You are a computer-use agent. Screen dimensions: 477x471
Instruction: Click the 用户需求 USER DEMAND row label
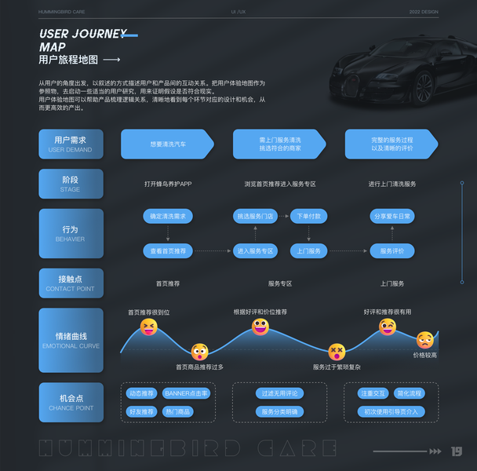coord(71,144)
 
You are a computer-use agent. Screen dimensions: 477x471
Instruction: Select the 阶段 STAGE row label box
coord(71,184)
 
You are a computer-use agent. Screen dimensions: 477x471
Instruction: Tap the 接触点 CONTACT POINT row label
coord(71,283)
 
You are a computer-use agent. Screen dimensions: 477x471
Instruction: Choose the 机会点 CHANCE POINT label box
coord(71,403)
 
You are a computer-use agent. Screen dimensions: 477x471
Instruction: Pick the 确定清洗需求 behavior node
coord(168,216)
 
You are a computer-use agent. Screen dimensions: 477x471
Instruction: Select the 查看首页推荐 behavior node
coord(168,251)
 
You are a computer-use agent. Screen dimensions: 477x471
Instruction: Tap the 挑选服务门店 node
coord(256,216)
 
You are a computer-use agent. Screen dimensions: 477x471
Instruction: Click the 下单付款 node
coord(309,216)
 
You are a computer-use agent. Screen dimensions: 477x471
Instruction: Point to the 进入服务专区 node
coord(256,251)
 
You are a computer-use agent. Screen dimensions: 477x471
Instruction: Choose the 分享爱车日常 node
coord(391,216)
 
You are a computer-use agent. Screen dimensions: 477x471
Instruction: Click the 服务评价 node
coord(391,251)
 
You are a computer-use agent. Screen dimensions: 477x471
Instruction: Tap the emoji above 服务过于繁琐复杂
coord(337,351)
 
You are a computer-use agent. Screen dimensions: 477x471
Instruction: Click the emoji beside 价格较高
coord(424,340)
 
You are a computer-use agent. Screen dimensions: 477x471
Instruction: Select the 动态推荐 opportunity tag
coord(141,393)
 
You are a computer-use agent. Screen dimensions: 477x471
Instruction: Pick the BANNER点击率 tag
coord(187,393)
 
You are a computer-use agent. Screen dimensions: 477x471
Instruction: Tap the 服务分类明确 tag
coord(280,411)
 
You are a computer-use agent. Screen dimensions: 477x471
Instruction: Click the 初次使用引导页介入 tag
coord(391,411)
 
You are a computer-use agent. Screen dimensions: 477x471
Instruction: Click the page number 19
coord(457,451)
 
